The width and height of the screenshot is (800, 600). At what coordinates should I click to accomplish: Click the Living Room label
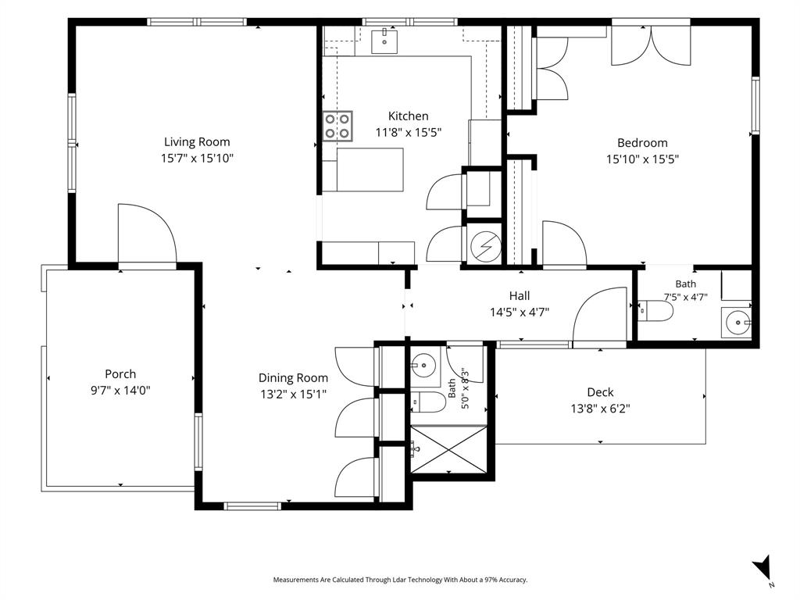(x=197, y=142)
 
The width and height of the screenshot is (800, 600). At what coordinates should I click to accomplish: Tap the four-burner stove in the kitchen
(x=337, y=126)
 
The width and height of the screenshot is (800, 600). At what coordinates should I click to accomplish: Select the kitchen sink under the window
(x=384, y=41)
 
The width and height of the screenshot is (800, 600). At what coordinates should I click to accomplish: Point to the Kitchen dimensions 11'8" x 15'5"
(x=408, y=133)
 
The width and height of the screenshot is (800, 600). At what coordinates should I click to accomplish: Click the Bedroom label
(x=642, y=143)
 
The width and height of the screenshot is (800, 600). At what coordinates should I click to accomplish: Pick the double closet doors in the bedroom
(x=651, y=45)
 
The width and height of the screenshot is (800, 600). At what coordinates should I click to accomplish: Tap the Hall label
(x=520, y=295)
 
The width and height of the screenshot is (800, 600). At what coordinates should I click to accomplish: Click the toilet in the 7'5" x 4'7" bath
(x=656, y=311)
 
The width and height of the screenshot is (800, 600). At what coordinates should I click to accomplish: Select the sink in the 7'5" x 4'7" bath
(x=736, y=323)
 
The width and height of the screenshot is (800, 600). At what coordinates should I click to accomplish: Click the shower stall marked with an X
(x=449, y=450)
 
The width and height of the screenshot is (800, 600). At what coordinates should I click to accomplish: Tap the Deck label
(x=601, y=392)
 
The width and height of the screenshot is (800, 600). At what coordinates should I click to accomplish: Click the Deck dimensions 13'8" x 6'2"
(x=601, y=409)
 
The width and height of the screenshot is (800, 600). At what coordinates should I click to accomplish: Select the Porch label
(x=120, y=374)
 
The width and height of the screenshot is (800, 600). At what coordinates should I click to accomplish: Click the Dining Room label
(x=294, y=378)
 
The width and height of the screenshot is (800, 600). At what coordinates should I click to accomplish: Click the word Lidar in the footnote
(x=399, y=580)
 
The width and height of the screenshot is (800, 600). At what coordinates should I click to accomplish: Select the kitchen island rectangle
(x=370, y=170)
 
